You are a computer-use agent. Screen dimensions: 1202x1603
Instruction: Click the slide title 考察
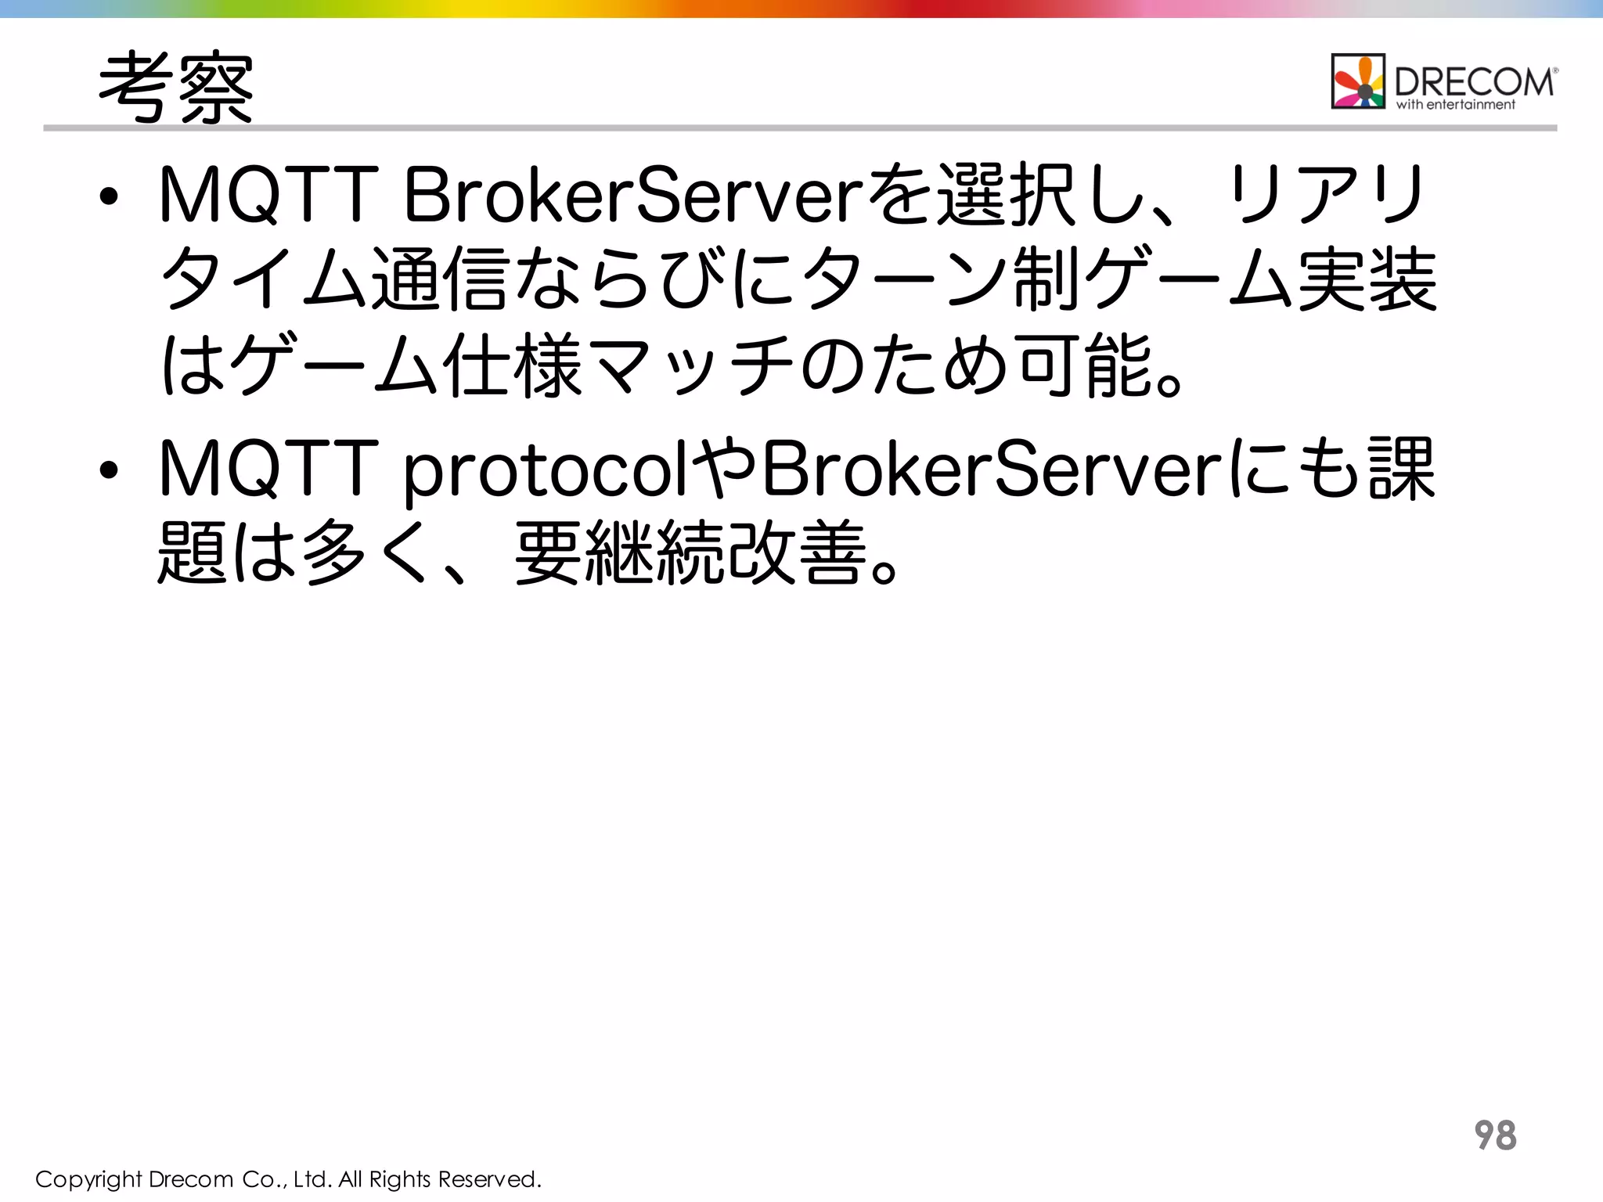tap(175, 88)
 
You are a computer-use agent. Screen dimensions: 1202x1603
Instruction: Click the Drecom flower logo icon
tap(1358, 81)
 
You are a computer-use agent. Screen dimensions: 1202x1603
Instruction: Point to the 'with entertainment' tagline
tap(1455, 105)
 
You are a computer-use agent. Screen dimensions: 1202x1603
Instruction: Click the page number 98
tap(1495, 1135)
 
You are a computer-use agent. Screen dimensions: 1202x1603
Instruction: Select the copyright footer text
tap(288, 1179)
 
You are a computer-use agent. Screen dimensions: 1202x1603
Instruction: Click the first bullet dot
tap(109, 197)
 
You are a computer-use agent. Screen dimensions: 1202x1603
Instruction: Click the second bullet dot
tap(109, 470)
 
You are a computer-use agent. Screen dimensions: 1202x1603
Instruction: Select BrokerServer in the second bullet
tap(992, 468)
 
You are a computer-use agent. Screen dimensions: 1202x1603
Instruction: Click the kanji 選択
tap(1008, 194)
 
